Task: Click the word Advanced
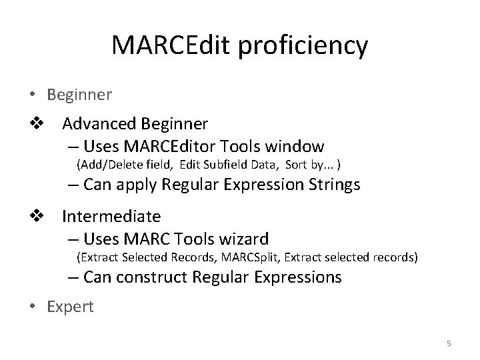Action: [99, 124]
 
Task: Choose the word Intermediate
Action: [111, 216]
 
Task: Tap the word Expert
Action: [71, 306]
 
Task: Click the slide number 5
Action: [449, 343]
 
